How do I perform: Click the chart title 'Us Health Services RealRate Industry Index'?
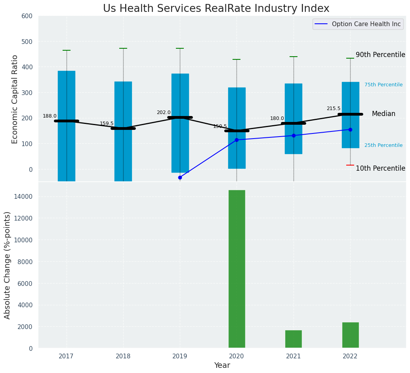click(216, 9)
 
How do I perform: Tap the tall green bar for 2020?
click(237, 269)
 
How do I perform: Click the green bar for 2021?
click(294, 339)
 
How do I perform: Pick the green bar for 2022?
click(350, 335)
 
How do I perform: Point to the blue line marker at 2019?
click(180, 177)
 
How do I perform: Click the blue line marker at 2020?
click(237, 140)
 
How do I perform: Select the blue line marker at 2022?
click(350, 129)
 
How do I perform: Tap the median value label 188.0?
click(50, 116)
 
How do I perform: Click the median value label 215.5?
click(334, 108)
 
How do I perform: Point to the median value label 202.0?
click(164, 112)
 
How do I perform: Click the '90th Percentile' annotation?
click(380, 55)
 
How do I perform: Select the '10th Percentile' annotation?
click(380, 168)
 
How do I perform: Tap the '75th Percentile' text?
click(383, 85)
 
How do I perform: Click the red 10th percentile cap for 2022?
click(350, 165)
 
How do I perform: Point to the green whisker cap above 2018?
click(123, 48)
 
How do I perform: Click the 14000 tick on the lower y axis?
click(26, 197)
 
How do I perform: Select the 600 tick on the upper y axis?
click(30, 16)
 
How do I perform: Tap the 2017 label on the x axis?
click(66, 356)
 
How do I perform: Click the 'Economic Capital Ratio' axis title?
click(15, 99)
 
